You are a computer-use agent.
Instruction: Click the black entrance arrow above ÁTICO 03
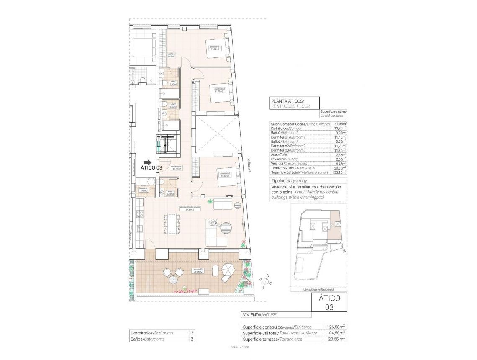[x=147, y=162]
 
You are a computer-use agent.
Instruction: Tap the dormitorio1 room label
[x=215, y=48]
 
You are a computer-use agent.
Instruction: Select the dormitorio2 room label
[x=219, y=90]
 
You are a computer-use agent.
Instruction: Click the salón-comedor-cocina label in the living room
[x=190, y=208]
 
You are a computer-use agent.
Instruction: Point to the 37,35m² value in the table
[x=340, y=124]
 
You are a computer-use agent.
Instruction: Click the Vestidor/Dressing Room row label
[x=289, y=164]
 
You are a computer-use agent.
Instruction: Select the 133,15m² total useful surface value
[x=339, y=172]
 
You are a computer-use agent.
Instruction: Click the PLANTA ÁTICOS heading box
[x=295, y=103]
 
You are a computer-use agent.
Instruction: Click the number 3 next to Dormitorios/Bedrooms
[x=192, y=333]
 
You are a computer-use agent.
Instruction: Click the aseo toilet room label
[x=170, y=193]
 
